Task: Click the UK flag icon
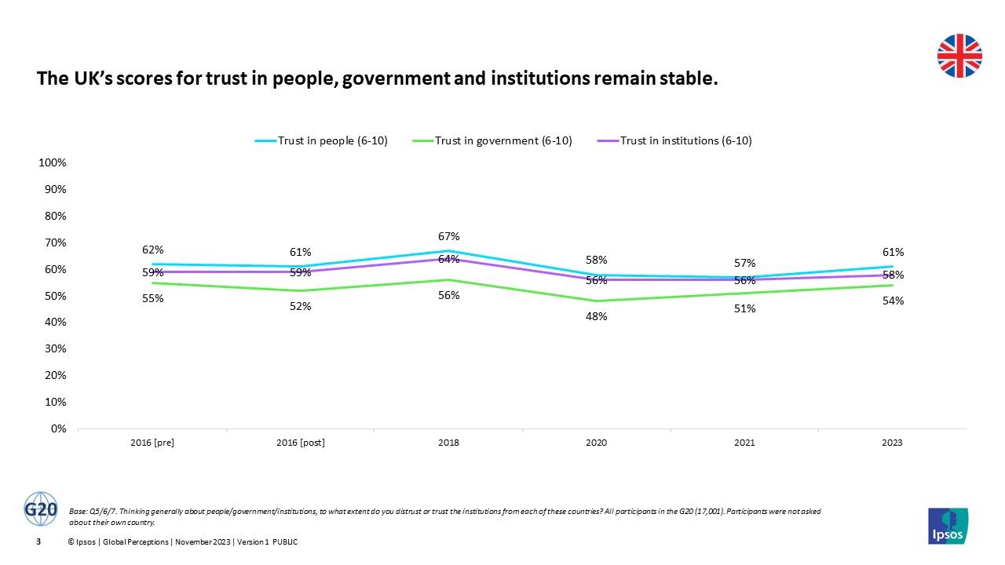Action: [x=959, y=56]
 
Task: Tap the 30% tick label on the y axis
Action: [x=54, y=348]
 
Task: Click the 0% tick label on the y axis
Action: [x=57, y=428]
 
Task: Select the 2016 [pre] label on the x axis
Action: [x=152, y=443]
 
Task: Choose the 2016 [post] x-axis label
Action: [x=301, y=443]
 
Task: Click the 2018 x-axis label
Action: [x=448, y=443]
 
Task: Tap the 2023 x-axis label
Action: [x=892, y=443]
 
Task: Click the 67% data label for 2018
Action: [x=448, y=236]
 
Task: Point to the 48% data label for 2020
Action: [x=597, y=316]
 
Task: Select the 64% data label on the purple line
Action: [x=448, y=259]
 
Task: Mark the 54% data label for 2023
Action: [x=892, y=301]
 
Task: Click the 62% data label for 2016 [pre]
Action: [x=152, y=250]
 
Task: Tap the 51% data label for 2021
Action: [x=744, y=308]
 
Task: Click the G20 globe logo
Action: [x=41, y=509]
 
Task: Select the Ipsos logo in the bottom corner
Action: [x=948, y=525]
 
